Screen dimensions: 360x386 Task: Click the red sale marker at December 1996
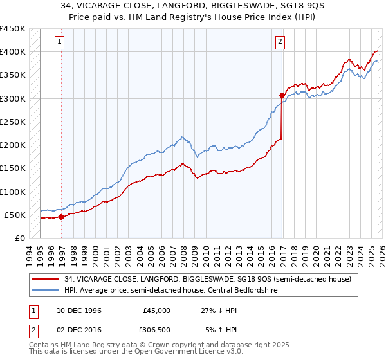(62, 217)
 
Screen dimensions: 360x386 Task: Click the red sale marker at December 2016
(282, 95)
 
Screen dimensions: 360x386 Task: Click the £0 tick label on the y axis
(19, 239)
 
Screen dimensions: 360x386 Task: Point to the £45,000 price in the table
(157, 310)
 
